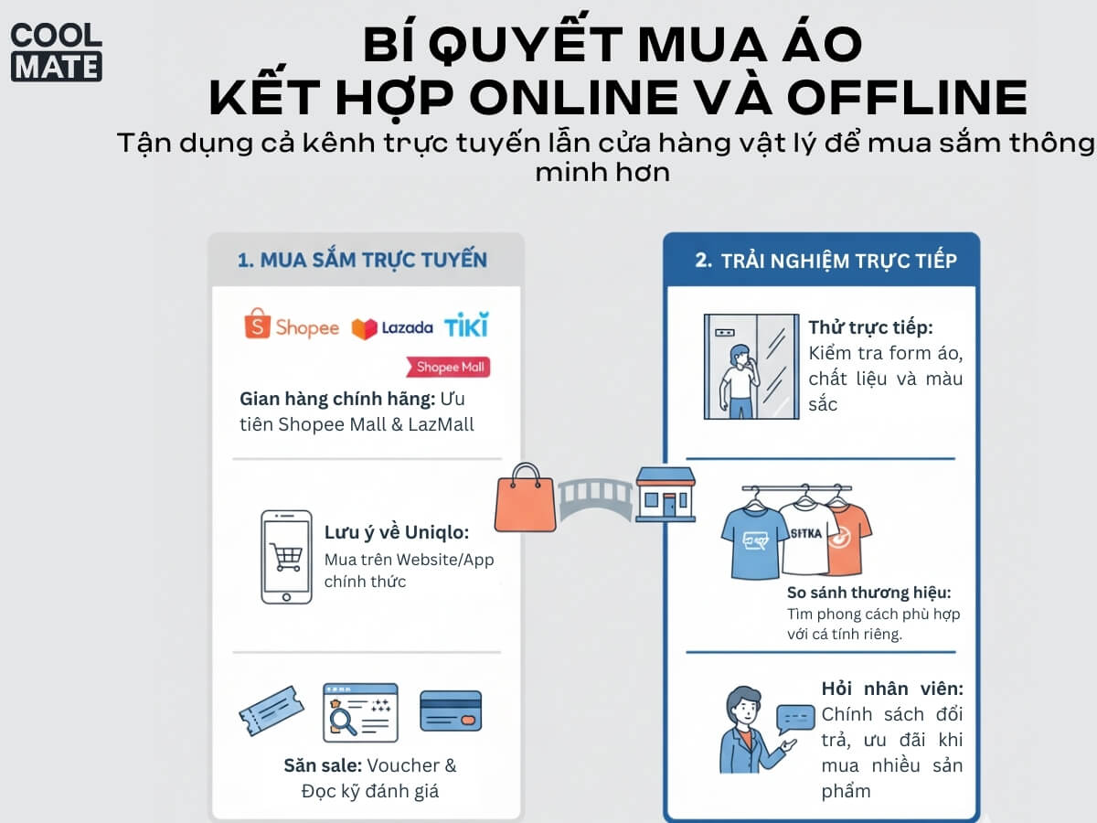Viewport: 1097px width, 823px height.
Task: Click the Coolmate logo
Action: click(x=57, y=52)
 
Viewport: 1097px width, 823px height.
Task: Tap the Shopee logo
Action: click(x=292, y=325)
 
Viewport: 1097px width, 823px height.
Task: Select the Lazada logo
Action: click(x=392, y=328)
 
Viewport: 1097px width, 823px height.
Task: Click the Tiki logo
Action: click(x=466, y=325)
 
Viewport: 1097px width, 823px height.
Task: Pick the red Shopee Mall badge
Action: click(x=448, y=367)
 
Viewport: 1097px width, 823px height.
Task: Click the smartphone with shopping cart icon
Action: click(x=286, y=557)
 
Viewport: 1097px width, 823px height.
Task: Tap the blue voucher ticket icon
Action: click(x=272, y=711)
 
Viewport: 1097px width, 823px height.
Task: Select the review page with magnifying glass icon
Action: click(x=360, y=712)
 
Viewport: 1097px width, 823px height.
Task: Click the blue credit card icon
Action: click(x=451, y=711)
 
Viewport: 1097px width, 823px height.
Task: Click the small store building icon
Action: click(x=666, y=495)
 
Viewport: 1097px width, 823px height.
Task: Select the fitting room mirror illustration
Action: click(x=751, y=367)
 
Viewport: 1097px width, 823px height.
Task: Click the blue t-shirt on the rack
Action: click(x=754, y=542)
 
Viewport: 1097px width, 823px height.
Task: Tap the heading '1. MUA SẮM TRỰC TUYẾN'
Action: click(x=362, y=261)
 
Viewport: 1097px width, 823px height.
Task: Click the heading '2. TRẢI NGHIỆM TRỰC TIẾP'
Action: click(x=825, y=261)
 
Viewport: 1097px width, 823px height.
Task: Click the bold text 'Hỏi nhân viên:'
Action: click(x=892, y=689)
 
